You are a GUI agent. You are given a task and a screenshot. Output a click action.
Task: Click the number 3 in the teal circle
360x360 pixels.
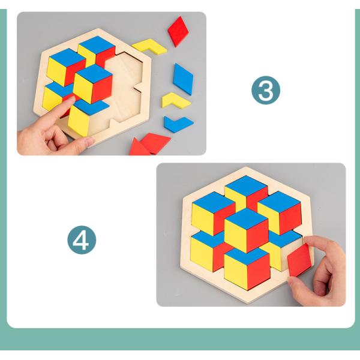(265, 91)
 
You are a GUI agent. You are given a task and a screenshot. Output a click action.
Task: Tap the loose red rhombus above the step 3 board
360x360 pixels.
(178, 31)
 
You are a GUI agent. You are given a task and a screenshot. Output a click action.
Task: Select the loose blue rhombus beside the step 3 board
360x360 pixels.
(183, 79)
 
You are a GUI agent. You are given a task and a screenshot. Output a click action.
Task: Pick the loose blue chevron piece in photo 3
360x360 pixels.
(178, 124)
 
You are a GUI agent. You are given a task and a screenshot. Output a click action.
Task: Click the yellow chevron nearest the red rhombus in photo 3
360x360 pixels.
(149, 45)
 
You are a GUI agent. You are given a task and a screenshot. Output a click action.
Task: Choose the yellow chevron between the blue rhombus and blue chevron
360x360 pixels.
(176, 100)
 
